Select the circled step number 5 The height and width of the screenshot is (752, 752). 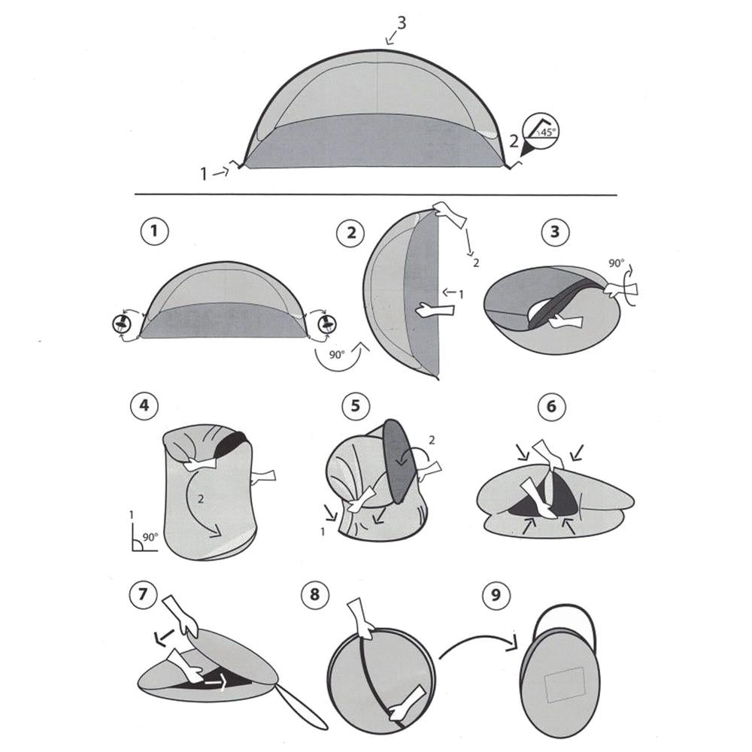[x=355, y=407]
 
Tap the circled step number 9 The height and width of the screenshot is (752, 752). [x=494, y=596]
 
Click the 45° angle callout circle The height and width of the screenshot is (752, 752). [x=543, y=129]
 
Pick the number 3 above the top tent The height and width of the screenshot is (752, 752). [x=402, y=23]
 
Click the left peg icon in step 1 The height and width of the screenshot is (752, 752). [x=121, y=324]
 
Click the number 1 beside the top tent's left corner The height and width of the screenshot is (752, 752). [x=203, y=174]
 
